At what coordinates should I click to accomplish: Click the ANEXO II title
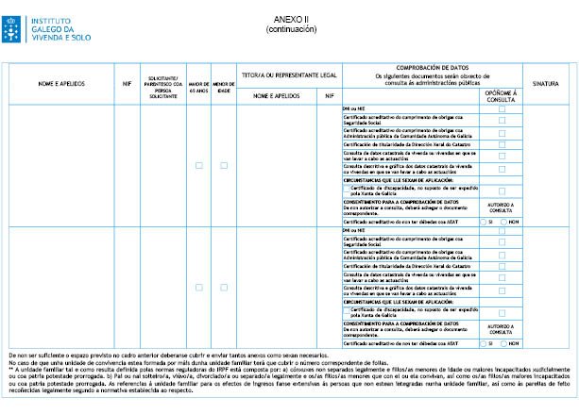click(289, 19)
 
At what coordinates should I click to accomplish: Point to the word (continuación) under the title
click(289, 29)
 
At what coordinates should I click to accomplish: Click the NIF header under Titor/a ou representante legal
click(328, 95)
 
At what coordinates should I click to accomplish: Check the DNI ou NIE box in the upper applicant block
click(502, 109)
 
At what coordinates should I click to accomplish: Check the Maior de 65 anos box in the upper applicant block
click(199, 165)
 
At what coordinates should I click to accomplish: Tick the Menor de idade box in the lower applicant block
click(224, 286)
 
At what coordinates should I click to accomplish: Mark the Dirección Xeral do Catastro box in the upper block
click(502, 142)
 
